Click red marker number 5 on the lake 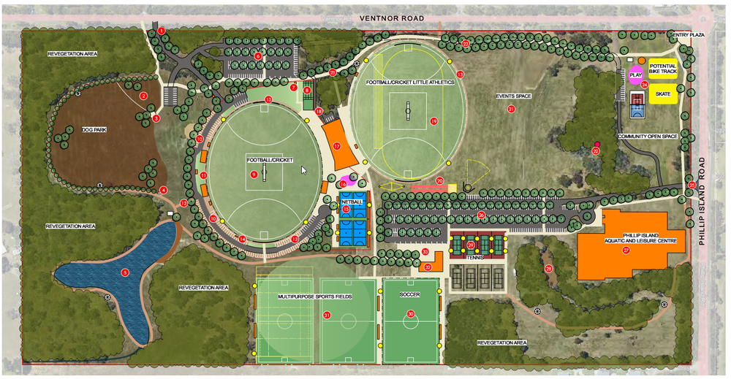click(x=125, y=272)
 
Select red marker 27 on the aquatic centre click(x=626, y=250)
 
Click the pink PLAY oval click(x=635, y=74)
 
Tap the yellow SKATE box click(x=663, y=94)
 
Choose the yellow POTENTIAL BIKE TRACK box click(x=663, y=69)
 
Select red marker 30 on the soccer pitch click(x=411, y=314)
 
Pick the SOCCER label click(x=409, y=294)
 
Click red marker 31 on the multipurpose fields click(x=327, y=315)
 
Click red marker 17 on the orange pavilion click(x=337, y=146)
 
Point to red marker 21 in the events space click(x=511, y=109)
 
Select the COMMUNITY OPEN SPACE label click(x=647, y=137)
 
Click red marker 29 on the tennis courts click(x=471, y=245)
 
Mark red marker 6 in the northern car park click(x=258, y=55)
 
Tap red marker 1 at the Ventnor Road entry click(x=162, y=31)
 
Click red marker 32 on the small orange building click(x=428, y=267)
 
